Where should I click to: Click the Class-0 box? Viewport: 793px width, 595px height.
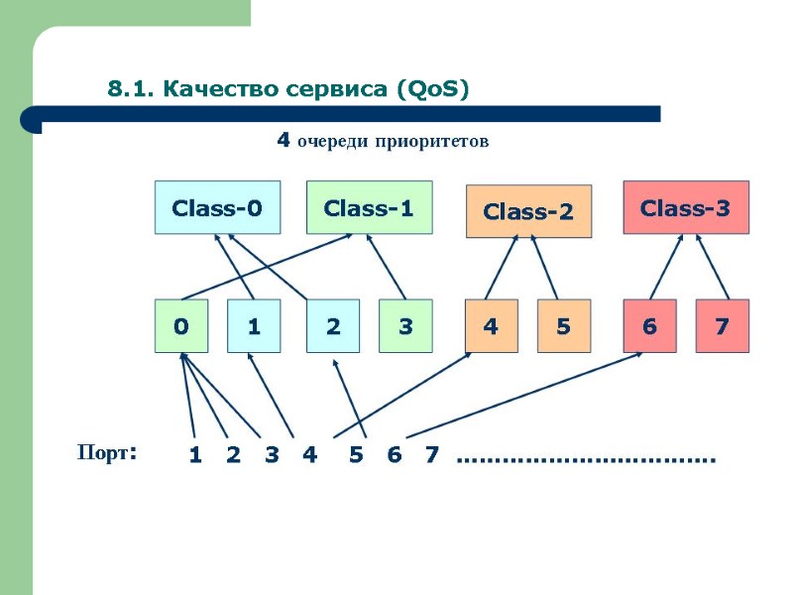coord(217,207)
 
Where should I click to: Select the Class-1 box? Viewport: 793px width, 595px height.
coord(369,207)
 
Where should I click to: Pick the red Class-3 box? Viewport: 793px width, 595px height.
coord(685,207)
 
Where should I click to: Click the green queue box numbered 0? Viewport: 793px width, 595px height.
coord(181,325)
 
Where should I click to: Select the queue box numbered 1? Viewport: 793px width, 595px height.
coord(254,325)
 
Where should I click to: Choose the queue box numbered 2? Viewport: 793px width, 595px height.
coord(333,325)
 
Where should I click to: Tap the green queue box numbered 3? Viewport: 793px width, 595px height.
coord(405,325)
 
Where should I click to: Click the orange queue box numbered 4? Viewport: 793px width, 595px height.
coord(492,325)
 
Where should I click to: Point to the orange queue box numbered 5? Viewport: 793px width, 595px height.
coord(564,325)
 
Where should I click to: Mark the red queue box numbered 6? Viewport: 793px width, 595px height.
coord(649,325)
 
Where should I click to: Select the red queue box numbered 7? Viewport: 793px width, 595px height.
coord(722,325)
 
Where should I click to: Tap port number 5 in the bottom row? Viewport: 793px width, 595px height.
coord(356,455)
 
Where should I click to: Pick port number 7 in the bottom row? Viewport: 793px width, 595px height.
coord(431,455)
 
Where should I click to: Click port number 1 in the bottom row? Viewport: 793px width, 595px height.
coord(195,455)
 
